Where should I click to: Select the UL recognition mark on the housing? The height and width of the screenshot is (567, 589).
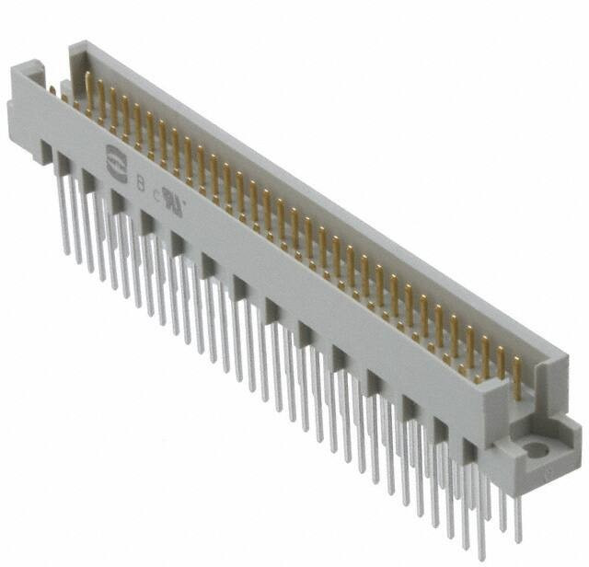[172, 196]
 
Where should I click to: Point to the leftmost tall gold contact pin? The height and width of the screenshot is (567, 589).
[89, 92]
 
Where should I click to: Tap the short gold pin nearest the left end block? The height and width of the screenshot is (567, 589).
[55, 91]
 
